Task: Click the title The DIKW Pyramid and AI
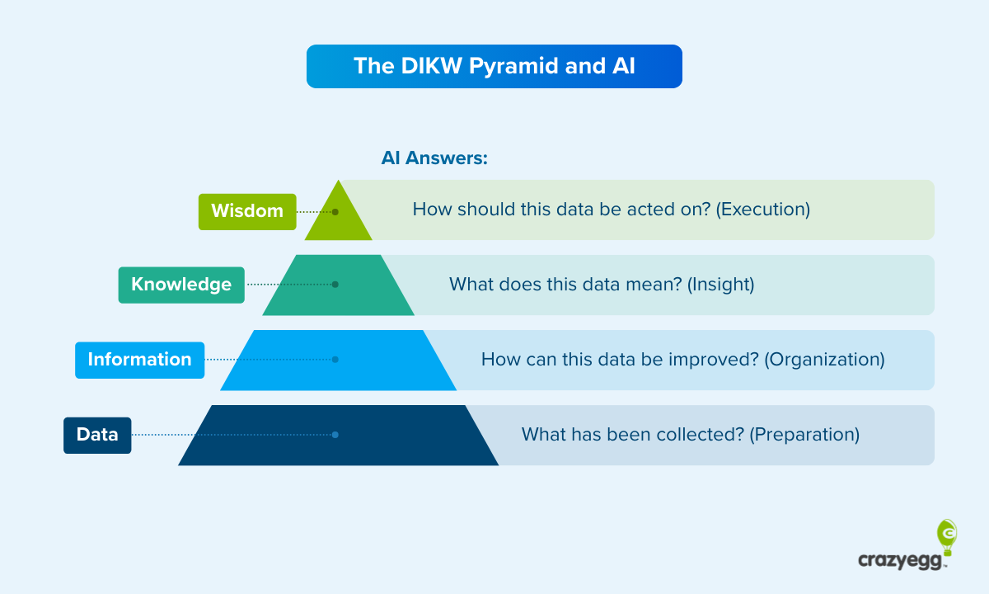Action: point(494,66)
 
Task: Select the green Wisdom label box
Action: point(247,211)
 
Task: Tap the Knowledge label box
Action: point(181,285)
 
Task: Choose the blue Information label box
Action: point(139,360)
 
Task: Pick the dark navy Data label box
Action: point(97,435)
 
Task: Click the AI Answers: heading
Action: point(434,158)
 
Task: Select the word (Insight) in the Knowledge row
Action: point(721,285)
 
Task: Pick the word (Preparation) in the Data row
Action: point(804,435)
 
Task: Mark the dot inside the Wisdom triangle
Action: point(335,211)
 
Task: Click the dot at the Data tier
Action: point(335,435)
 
